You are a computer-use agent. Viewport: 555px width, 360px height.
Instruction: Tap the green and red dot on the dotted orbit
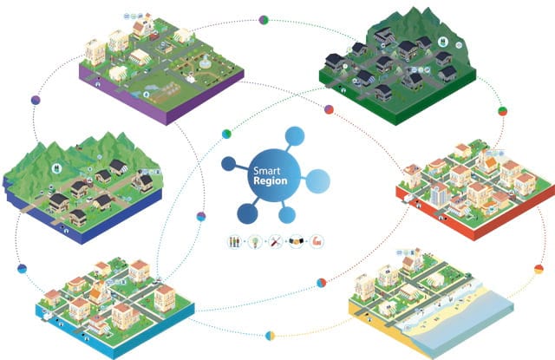point(329,109)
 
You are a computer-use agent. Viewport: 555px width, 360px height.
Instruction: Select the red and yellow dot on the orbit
point(539,270)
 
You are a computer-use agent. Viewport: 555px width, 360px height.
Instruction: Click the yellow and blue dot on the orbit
point(270,333)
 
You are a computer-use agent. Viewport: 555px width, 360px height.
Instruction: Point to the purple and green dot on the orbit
point(201,216)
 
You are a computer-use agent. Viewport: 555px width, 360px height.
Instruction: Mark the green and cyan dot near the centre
point(226,133)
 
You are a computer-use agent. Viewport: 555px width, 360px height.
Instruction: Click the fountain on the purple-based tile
point(203,65)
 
